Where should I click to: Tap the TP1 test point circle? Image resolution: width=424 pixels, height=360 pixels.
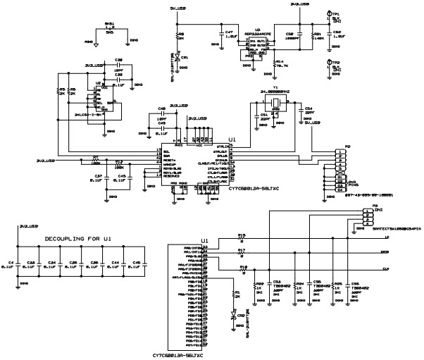coord(329,14)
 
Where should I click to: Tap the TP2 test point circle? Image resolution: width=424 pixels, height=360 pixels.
coord(329,63)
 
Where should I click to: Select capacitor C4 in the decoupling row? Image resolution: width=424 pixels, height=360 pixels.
coord(18,267)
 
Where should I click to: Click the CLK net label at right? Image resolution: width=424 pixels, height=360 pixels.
coord(386,269)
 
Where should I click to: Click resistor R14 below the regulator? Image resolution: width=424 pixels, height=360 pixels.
coord(274,63)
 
